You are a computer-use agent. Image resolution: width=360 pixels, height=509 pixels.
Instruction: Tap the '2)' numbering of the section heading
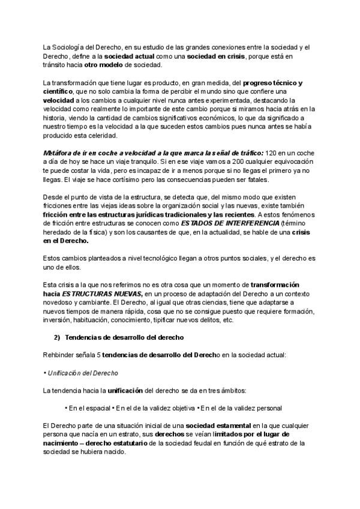pyautogui.click(x=58, y=338)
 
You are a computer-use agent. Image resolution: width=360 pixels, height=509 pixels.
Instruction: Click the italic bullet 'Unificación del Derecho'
pyautogui.click(x=81, y=373)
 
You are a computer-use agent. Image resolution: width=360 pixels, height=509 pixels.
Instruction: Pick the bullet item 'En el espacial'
pyautogui.click(x=89, y=408)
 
